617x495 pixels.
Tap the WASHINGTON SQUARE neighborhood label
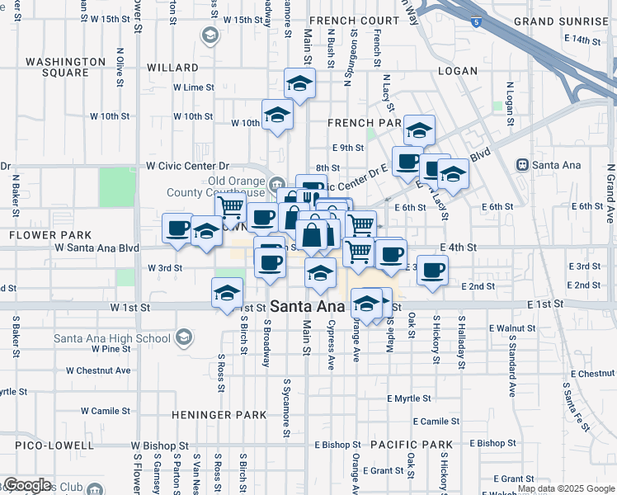click(x=66, y=67)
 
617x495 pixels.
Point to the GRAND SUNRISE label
click(x=560, y=21)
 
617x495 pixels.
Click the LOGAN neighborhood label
click(x=458, y=71)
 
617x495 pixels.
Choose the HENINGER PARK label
click(x=219, y=414)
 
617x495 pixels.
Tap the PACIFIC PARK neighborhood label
click(x=412, y=445)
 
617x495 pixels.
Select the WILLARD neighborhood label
click(x=172, y=68)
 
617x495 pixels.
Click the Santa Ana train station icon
click(x=521, y=164)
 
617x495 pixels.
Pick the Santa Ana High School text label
click(x=111, y=337)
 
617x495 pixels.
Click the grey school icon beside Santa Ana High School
click(x=183, y=337)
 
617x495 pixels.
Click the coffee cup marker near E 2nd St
click(x=432, y=269)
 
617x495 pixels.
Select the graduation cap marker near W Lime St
click(x=299, y=82)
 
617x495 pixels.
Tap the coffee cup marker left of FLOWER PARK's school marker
click(x=177, y=227)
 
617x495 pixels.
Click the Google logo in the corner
click(x=26, y=486)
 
